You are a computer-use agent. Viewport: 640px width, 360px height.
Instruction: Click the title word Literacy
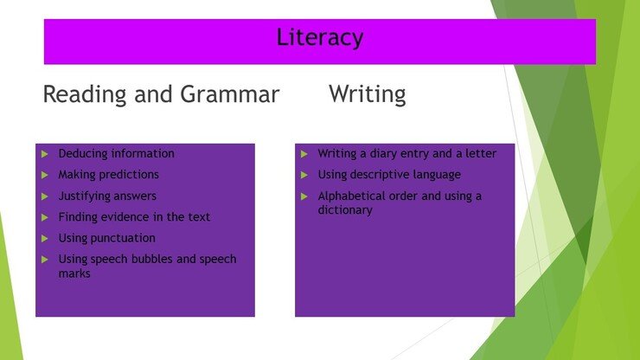(320, 38)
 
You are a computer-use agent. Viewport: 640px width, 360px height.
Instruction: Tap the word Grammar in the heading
(229, 94)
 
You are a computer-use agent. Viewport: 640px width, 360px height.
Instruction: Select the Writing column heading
(368, 95)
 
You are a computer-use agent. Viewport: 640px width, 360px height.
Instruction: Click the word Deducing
(83, 154)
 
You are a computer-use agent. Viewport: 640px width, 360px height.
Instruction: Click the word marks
(74, 273)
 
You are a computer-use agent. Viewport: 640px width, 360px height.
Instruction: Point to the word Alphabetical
(351, 196)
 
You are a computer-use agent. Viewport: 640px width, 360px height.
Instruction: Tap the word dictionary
(345, 210)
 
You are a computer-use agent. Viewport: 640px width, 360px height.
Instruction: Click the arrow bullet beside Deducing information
(45, 154)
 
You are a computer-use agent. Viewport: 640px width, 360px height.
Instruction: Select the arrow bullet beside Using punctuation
(45, 239)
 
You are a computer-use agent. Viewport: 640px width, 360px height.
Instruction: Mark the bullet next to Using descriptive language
(304, 175)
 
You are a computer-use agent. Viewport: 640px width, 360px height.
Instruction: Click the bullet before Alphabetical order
(304, 196)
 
